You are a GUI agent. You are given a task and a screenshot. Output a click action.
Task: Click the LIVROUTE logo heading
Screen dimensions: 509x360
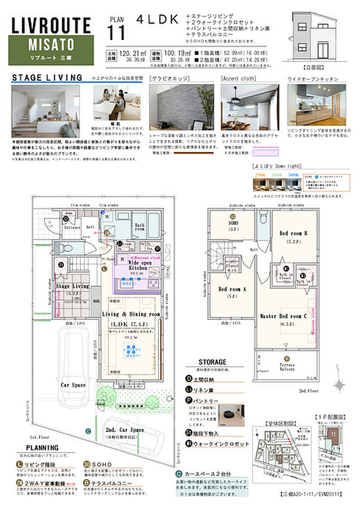[51, 25]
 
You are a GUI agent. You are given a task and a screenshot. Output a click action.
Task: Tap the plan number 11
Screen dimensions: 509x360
[116, 34]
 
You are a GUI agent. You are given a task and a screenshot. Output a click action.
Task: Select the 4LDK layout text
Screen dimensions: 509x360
[157, 19]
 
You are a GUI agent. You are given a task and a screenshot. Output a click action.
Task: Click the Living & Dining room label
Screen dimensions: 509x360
[131, 314]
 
